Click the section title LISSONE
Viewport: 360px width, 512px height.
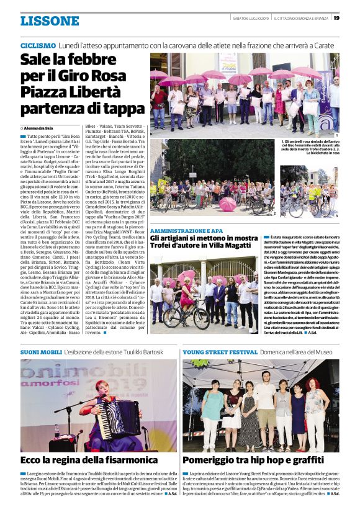[50, 20]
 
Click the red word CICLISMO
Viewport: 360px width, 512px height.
[38, 46]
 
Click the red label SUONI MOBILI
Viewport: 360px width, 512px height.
[41, 352]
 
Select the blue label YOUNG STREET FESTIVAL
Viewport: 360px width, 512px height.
[211, 352]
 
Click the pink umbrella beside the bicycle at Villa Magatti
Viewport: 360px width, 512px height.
[186, 275]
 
